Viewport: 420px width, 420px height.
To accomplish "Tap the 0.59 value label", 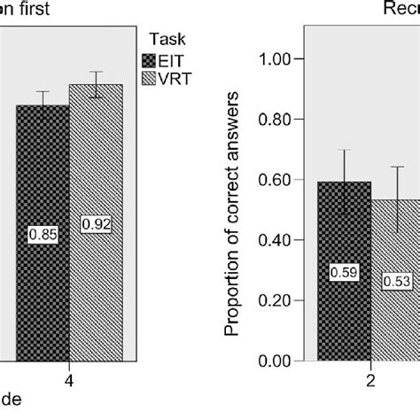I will (x=345, y=273).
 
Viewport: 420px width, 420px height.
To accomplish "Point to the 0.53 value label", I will (x=398, y=282).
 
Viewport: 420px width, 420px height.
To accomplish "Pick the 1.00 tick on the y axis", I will (x=276, y=59).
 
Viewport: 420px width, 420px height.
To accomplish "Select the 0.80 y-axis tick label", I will (x=276, y=120).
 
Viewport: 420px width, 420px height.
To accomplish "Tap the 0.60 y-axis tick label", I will (x=276, y=180).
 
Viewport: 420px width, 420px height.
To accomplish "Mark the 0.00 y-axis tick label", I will (x=276, y=361).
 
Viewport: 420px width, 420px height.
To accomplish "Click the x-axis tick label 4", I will (x=69, y=382).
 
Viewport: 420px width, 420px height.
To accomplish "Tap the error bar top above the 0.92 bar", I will (x=96, y=72).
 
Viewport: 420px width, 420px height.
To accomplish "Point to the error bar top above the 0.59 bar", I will (x=345, y=151).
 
